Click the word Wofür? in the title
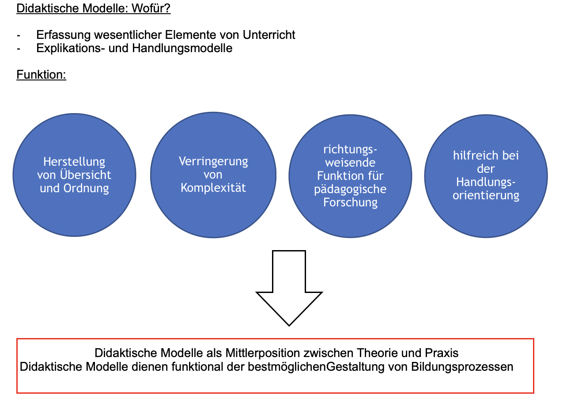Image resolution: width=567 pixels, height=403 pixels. tap(151, 8)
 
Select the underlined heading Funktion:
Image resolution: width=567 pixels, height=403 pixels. tap(41, 75)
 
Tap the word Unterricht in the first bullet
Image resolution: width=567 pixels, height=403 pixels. tap(269, 35)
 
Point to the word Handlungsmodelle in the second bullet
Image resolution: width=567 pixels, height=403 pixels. tap(182, 48)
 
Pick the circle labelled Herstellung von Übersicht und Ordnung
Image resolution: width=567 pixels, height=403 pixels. tap(74, 175)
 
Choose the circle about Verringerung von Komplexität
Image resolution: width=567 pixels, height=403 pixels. tap(213, 175)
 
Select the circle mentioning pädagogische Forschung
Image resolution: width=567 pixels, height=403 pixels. tap(350, 176)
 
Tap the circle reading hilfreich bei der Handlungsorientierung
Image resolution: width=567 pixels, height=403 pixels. tap(486, 176)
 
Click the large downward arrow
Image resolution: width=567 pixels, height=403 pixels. tap(289, 288)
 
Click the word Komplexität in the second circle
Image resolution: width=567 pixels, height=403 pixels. tap(213, 188)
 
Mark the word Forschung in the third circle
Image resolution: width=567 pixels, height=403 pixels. tap(350, 202)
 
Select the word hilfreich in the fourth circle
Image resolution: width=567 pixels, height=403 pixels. tap(473, 155)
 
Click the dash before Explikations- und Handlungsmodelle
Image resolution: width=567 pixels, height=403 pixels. tap(19, 49)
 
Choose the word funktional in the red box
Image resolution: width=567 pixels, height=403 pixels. tap(197, 366)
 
